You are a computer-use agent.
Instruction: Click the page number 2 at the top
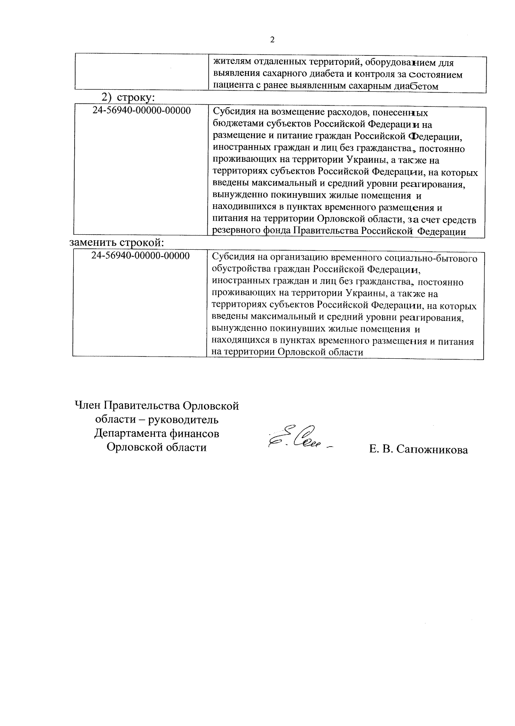[272, 40]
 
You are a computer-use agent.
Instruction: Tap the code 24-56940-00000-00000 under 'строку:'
[142, 111]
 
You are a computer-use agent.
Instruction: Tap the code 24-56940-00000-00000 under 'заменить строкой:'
[141, 256]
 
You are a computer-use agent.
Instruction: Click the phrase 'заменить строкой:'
[117, 242]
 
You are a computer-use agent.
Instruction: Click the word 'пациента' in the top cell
[231, 86]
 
